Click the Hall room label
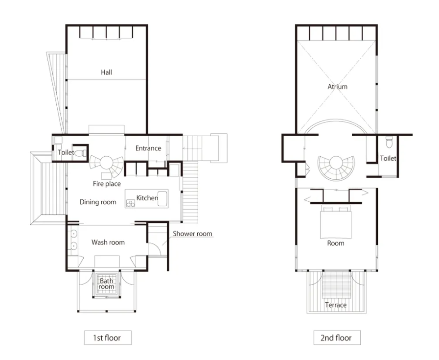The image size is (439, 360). pyautogui.click(x=106, y=72)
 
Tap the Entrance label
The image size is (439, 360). pyautogui.click(x=148, y=148)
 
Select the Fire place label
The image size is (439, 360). pyautogui.click(x=107, y=184)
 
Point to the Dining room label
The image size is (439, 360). pyautogui.click(x=98, y=202)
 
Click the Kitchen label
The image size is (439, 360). pyautogui.click(x=147, y=198)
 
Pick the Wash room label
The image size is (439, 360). pyautogui.click(x=108, y=242)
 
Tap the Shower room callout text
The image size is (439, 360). pyautogui.click(x=192, y=234)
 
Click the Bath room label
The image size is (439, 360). pyautogui.click(x=106, y=284)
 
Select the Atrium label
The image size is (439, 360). pyautogui.click(x=337, y=87)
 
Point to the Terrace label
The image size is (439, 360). pyautogui.click(x=336, y=305)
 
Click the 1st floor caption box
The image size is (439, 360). pyautogui.click(x=108, y=337)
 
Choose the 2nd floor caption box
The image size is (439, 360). pyautogui.click(x=337, y=337)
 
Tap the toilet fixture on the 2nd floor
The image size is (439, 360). pyautogui.click(x=389, y=142)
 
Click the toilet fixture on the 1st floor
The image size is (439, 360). pyautogui.click(x=82, y=153)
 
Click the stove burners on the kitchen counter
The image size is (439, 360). pyautogui.click(x=131, y=203)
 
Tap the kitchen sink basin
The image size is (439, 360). pyautogui.click(x=162, y=199)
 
